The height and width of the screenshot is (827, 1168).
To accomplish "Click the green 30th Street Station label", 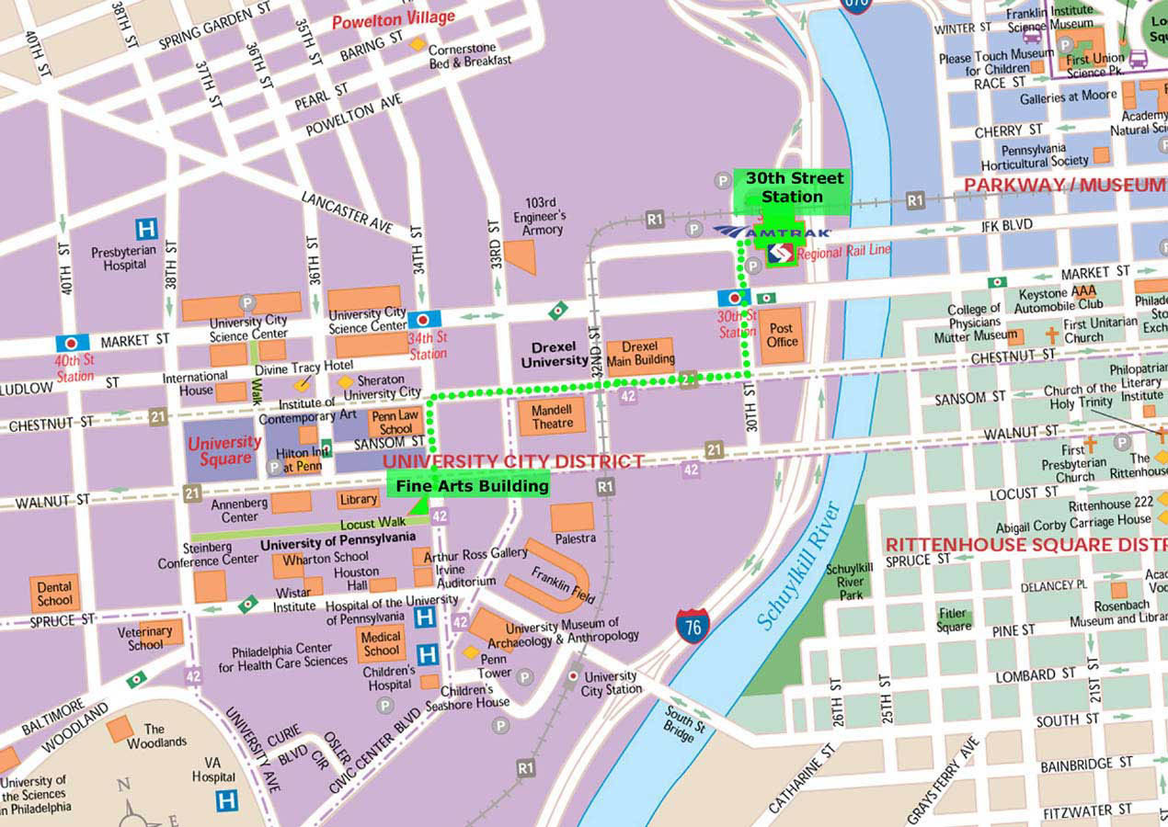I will pos(792,187).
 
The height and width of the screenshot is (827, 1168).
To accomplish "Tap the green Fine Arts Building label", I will pos(472,485).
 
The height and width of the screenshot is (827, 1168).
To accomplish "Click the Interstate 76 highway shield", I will pos(693,626).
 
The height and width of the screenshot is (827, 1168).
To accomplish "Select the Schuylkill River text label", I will pos(798,565).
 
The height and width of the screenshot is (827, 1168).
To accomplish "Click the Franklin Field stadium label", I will pos(564,583).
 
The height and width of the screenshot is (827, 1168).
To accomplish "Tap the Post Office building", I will pos(781,334).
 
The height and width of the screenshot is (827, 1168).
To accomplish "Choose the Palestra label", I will pos(575,538).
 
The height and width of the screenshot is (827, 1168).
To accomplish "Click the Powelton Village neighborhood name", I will pos(394,19).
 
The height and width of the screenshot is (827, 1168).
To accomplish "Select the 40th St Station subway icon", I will pos(73,343).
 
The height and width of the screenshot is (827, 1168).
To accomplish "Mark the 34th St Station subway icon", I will pos(423,320).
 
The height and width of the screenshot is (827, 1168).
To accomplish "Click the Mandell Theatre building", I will pos(552,416).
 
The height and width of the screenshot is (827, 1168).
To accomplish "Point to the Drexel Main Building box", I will pos(639,354).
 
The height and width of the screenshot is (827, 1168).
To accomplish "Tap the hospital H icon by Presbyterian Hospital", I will pos(145,228).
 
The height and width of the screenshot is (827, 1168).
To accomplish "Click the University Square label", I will pos(224,450).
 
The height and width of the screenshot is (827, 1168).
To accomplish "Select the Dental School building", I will pos(54,594).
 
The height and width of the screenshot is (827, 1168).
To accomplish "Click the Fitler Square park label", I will pos(953,619).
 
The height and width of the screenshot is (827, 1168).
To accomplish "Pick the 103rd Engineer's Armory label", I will pos(541,215).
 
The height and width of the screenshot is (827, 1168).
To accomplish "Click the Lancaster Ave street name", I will pos(348,211).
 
